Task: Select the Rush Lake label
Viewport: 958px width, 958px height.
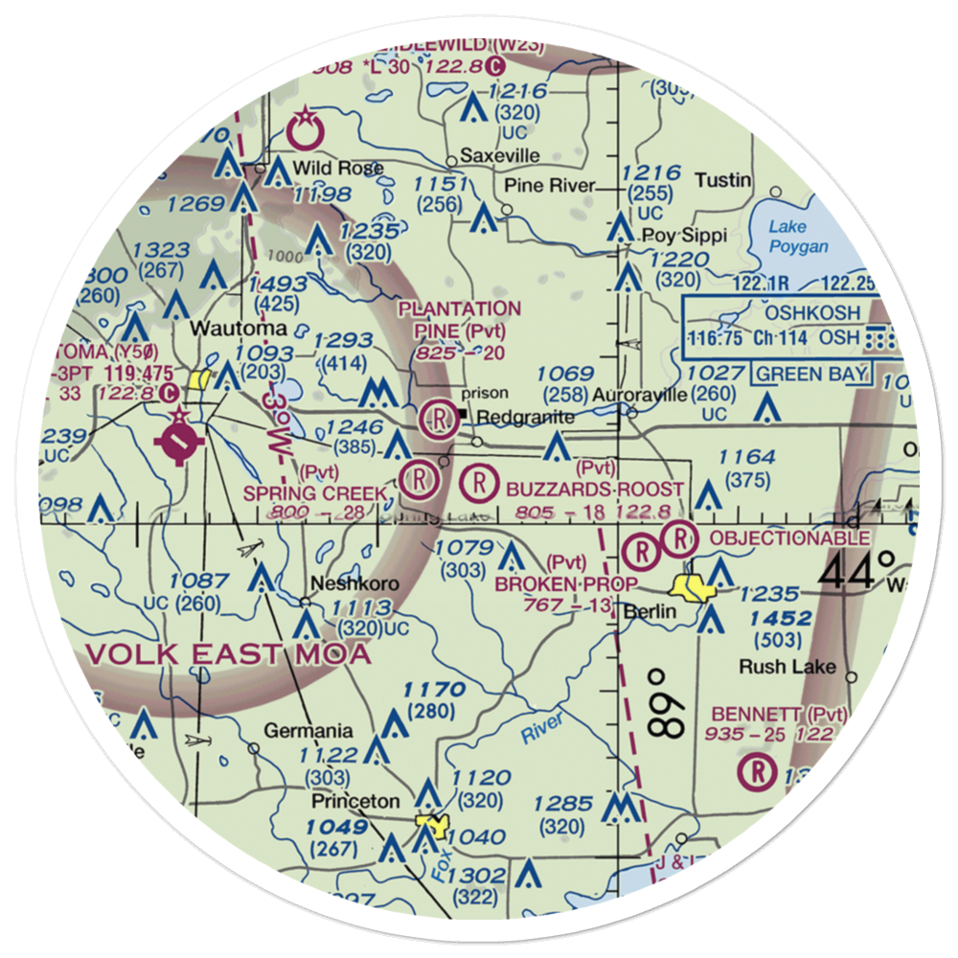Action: (801, 667)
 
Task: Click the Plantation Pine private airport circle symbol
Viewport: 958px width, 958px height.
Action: (438, 418)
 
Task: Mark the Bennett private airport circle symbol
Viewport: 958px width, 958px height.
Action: (759, 769)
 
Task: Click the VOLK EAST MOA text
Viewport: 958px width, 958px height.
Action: (228, 654)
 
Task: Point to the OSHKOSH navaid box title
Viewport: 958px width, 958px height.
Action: (807, 313)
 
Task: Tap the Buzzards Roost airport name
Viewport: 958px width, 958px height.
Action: (595, 489)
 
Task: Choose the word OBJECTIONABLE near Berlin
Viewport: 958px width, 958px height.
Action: (788, 538)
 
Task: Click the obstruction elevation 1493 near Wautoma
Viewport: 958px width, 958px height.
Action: (277, 285)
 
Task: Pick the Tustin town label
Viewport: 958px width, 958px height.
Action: (723, 180)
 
